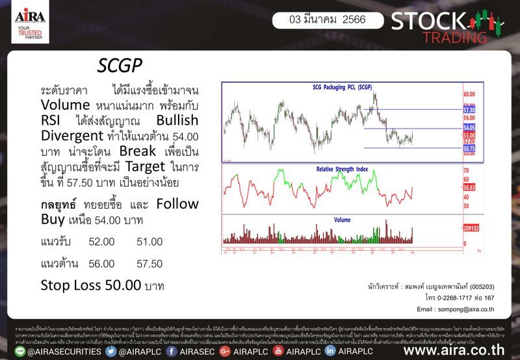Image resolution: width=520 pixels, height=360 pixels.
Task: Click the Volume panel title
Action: (x=343, y=220)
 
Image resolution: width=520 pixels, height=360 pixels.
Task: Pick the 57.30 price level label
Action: (x=469, y=111)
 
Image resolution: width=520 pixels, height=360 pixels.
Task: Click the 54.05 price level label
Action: (x=469, y=128)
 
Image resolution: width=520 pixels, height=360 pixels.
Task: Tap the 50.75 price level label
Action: (x=469, y=149)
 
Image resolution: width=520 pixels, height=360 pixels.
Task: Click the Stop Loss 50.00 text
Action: (x=102, y=285)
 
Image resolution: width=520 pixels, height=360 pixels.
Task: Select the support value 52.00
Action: (x=101, y=242)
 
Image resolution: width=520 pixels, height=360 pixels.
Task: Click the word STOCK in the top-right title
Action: (x=418, y=20)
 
